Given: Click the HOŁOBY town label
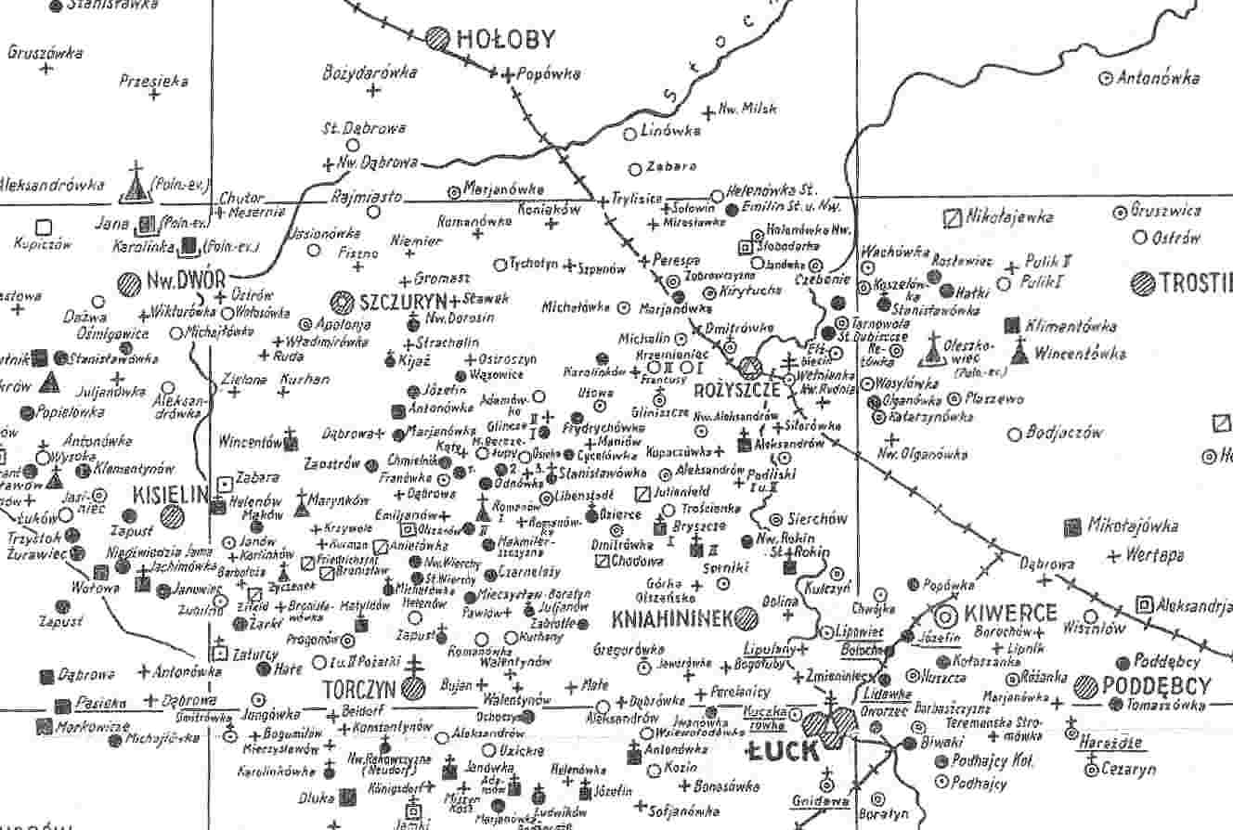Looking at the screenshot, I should pyautogui.click(x=506, y=39).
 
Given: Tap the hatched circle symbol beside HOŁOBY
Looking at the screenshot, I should pyautogui.click(x=438, y=38).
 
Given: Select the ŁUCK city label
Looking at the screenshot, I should pyautogui.click(x=785, y=751).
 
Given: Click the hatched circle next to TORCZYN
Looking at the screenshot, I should pyautogui.click(x=414, y=689).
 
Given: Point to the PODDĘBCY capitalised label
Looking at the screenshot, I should pyautogui.click(x=1158, y=687).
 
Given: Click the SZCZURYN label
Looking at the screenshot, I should pyautogui.click(x=398, y=302).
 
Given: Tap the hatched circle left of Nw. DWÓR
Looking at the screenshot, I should pyautogui.click(x=129, y=282).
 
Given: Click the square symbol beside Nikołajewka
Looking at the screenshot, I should pyautogui.click(x=951, y=218).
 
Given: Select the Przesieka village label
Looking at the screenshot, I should pyautogui.click(x=154, y=82).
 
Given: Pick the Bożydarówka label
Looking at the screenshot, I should pyautogui.click(x=370, y=72).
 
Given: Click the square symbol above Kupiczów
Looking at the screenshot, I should pyautogui.click(x=43, y=227).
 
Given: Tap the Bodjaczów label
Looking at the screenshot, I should pyautogui.click(x=1069, y=433).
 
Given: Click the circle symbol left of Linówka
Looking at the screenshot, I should pyautogui.click(x=630, y=133).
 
